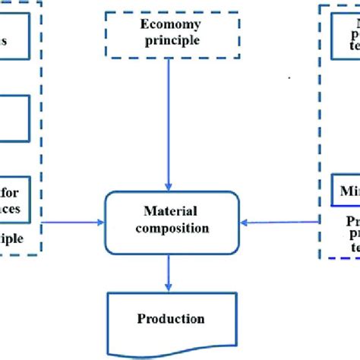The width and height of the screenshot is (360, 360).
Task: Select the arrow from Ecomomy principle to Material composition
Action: click(x=169, y=122)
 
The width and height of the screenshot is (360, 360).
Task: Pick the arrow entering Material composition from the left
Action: click(x=72, y=223)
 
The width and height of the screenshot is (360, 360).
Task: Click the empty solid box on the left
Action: click(x=14, y=118)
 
